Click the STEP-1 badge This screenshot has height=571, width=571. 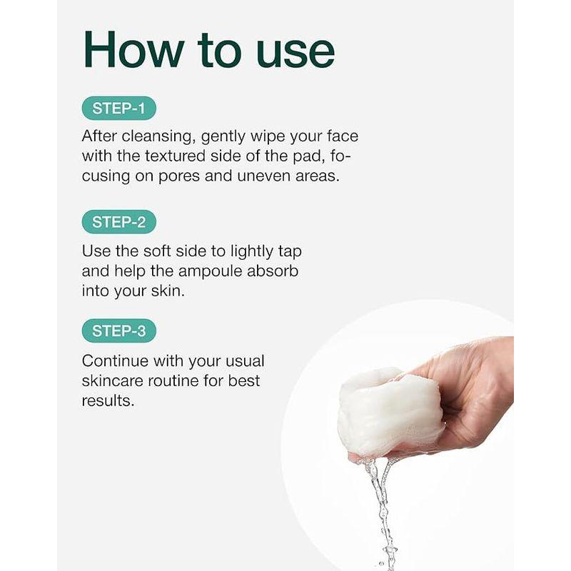(118, 108)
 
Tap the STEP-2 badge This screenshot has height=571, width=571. (118, 221)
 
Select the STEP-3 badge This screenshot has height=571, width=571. (118, 330)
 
